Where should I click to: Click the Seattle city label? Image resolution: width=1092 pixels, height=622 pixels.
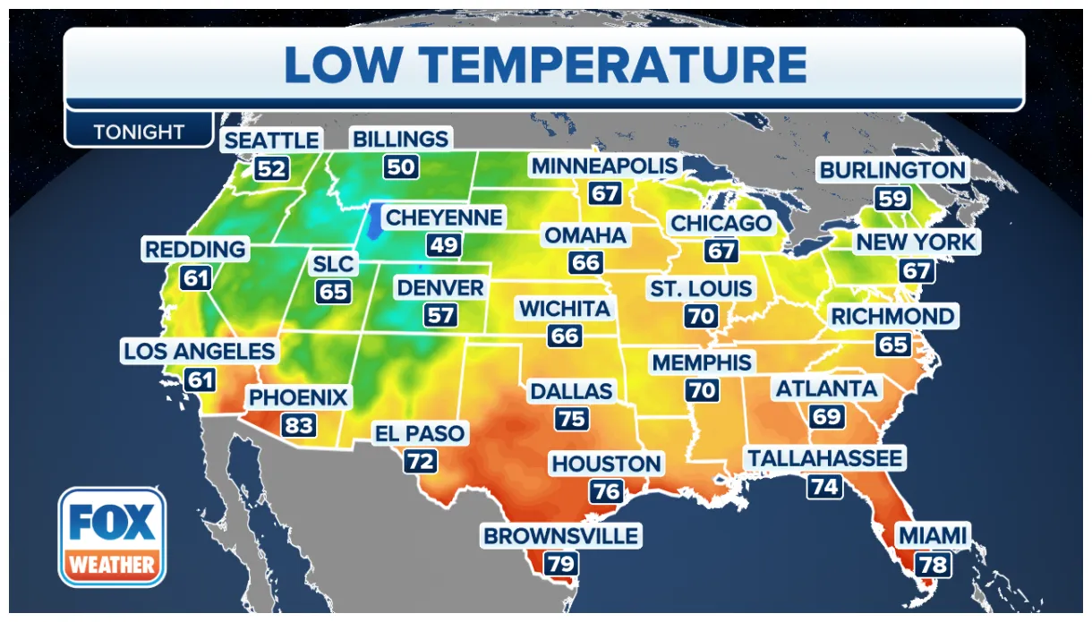coord(271,141)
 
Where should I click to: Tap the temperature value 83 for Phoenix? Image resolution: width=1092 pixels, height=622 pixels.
coord(299,424)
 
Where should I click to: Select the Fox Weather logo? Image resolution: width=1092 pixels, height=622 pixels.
coord(112,537)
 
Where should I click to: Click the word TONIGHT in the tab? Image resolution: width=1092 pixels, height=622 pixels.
coord(139,132)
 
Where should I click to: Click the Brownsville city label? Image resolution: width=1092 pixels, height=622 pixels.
coord(561,536)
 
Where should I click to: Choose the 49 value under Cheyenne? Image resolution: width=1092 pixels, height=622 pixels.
coord(443,244)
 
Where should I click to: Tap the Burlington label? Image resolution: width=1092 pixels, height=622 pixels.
coord(892,170)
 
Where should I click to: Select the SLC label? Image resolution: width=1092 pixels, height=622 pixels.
coord(334,264)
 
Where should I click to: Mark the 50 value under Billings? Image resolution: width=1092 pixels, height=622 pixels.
coord(401,166)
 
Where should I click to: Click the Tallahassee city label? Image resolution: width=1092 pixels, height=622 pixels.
coord(825,459)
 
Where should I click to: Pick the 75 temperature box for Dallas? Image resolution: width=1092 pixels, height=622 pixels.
coord(571,418)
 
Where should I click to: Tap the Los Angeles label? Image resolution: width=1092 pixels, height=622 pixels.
coord(200,352)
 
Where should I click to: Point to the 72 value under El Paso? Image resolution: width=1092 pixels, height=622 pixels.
coord(421,462)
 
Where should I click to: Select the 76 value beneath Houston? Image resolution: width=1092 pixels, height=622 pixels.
coord(606,491)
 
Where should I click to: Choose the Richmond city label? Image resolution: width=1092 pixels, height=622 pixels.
coord(892,316)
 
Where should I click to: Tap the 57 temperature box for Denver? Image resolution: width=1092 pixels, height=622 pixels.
coord(440,315)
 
